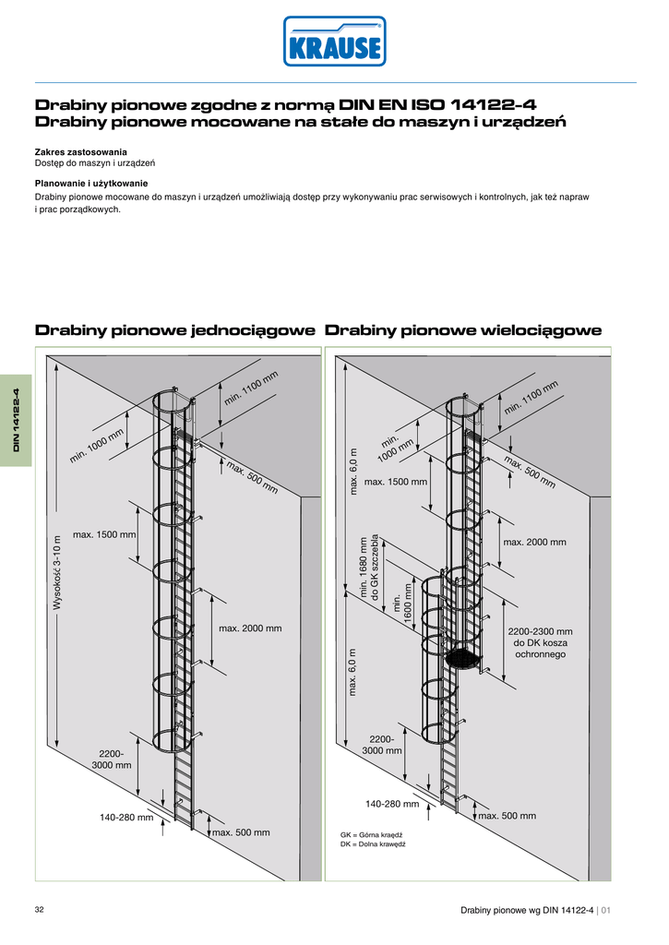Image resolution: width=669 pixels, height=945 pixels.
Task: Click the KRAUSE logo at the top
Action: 334,42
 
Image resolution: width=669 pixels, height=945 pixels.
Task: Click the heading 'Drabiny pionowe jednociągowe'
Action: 175,330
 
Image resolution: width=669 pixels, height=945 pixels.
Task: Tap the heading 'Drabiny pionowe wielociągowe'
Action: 463,330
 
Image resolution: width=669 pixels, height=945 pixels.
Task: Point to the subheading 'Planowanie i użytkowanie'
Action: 91,184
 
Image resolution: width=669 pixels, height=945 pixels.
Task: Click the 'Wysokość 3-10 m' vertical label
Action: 57,572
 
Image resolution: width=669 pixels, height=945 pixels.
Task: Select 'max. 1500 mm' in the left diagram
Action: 104,534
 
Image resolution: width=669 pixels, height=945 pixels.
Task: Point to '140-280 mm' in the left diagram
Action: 126,817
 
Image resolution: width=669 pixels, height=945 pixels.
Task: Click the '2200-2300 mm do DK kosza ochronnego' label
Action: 541,642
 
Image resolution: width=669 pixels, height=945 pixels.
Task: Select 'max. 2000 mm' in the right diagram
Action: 535,542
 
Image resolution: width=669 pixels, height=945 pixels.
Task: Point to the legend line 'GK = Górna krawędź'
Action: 374,835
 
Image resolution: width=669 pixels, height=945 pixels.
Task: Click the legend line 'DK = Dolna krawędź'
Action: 373,844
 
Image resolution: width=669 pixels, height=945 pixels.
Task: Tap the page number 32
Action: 40,910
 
